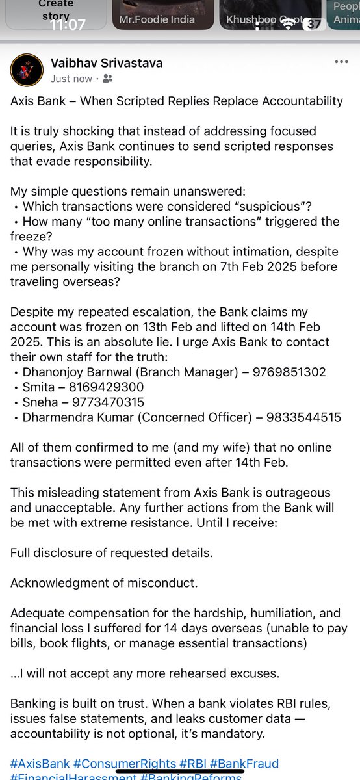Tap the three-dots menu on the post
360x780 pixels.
coord(341,62)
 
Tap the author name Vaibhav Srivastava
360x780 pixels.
coord(107,63)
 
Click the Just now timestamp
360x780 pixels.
coord(71,79)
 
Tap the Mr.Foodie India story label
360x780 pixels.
coord(157,19)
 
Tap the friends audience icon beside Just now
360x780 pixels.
coord(107,79)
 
